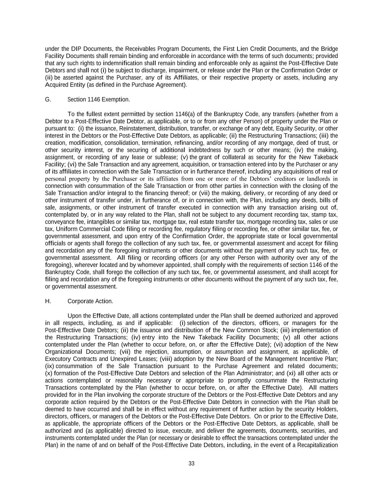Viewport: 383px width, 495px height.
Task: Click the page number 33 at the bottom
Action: click(191, 463)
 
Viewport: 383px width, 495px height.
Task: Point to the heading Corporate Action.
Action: click(90, 301)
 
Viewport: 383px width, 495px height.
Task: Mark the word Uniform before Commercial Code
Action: click(67, 229)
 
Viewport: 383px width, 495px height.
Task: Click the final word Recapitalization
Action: click(318, 445)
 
